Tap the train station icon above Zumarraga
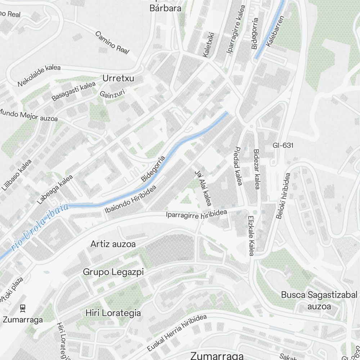pyautogui.click(x=23, y=308)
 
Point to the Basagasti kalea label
pyautogui.click(x=73, y=91)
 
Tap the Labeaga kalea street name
pyautogui.click(x=54, y=189)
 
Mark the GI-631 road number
pyautogui.click(x=283, y=145)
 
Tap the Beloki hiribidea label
pyautogui.click(x=283, y=196)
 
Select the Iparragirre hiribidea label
pyautogui.click(x=197, y=214)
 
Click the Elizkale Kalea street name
pyautogui.click(x=251, y=235)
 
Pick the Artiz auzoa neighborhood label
pyautogui.click(x=113, y=244)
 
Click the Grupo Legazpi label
pyautogui.click(x=113, y=272)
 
